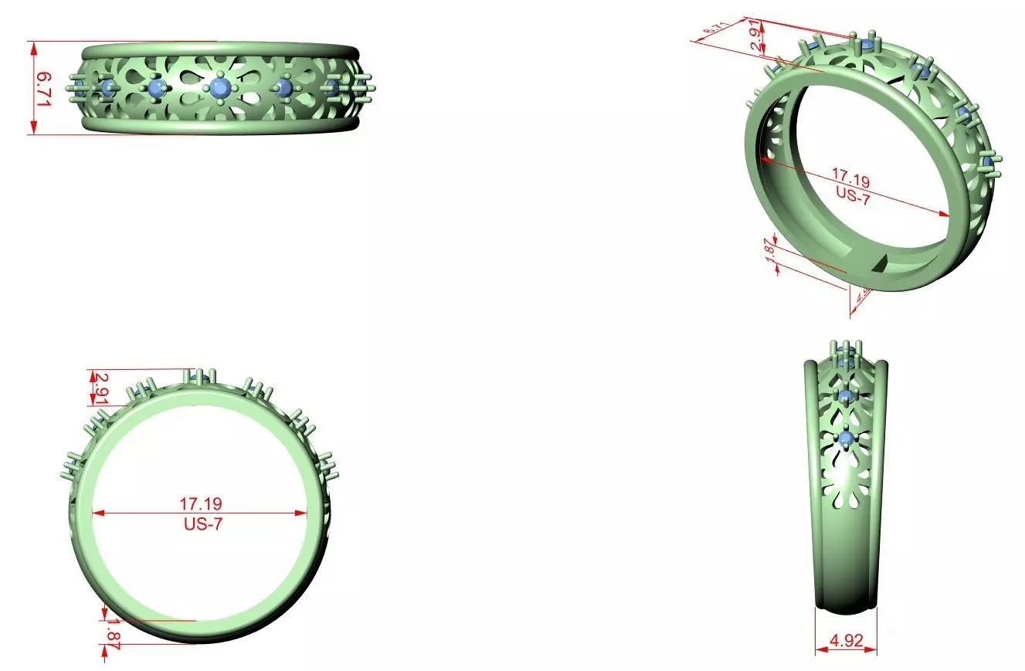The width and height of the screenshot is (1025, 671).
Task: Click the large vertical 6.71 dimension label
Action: (x=45, y=87)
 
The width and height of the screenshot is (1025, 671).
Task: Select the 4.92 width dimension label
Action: (x=846, y=640)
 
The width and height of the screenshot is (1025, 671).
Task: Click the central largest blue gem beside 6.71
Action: (x=221, y=87)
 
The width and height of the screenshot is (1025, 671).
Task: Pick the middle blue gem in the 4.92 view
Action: (x=846, y=396)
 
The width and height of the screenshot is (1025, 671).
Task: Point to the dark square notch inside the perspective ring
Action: (x=877, y=265)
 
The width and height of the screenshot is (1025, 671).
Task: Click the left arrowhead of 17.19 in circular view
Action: (x=97, y=512)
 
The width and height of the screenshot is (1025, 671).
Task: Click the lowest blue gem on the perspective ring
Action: (x=986, y=160)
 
